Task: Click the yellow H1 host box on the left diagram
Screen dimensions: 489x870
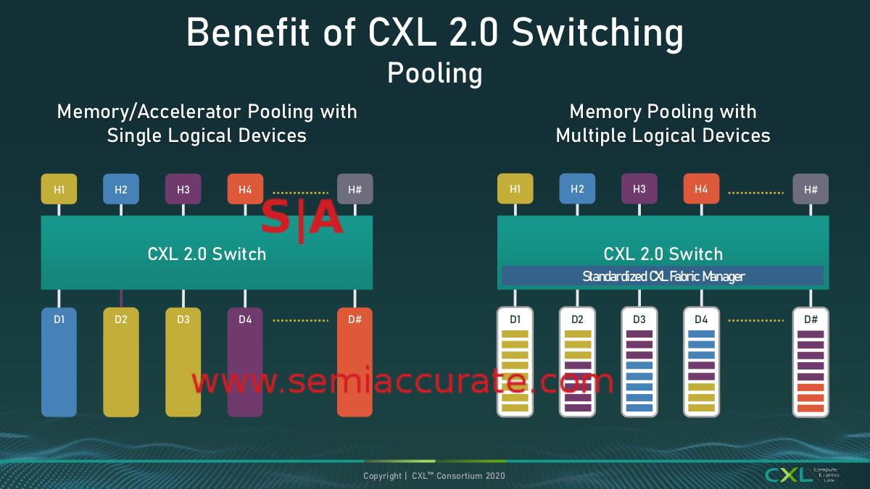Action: (59, 190)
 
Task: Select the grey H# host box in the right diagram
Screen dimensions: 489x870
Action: (811, 189)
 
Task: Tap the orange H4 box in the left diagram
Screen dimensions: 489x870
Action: (245, 190)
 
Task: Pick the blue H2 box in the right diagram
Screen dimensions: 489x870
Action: (577, 189)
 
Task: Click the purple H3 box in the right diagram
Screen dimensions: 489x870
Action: (639, 189)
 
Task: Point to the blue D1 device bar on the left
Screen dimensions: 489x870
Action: (59, 362)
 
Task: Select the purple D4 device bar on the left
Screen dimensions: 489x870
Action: (245, 362)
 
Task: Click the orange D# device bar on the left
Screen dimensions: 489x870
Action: (355, 362)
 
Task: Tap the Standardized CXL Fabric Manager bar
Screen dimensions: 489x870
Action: (663, 276)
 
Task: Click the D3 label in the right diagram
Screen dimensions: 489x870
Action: (639, 319)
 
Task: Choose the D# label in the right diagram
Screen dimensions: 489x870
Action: (811, 319)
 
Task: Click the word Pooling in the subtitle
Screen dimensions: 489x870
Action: (434, 73)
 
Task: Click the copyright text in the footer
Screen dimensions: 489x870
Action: (434, 476)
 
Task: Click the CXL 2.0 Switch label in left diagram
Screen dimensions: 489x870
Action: (207, 254)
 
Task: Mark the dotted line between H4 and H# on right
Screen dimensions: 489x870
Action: (756, 193)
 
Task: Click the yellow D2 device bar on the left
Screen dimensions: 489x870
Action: (121, 362)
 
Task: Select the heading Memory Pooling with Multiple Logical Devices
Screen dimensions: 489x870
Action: (663, 123)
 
